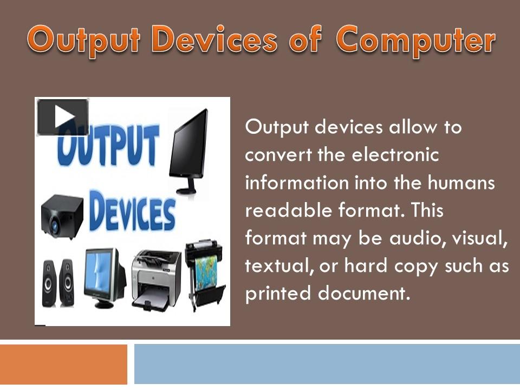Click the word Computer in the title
(416, 42)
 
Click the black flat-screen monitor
(188, 152)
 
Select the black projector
(62, 216)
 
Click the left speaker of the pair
(49, 283)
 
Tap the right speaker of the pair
(67, 283)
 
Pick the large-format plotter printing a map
(205, 274)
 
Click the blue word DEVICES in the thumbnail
(132, 210)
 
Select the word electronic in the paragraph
(395, 155)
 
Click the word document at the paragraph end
(364, 293)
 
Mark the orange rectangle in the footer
(63, 364)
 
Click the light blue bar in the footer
(327, 364)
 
